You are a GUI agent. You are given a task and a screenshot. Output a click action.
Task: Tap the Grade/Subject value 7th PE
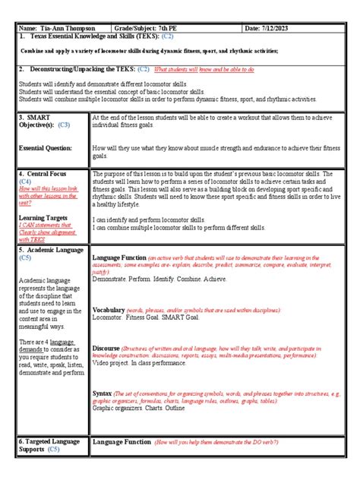[x=199, y=28]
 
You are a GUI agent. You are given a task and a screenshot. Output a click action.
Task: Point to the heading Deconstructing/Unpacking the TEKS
[x=77, y=68]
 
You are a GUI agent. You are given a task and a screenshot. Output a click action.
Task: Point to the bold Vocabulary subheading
[x=109, y=311]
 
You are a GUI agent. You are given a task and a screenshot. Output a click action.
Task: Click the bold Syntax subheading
[x=102, y=394]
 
